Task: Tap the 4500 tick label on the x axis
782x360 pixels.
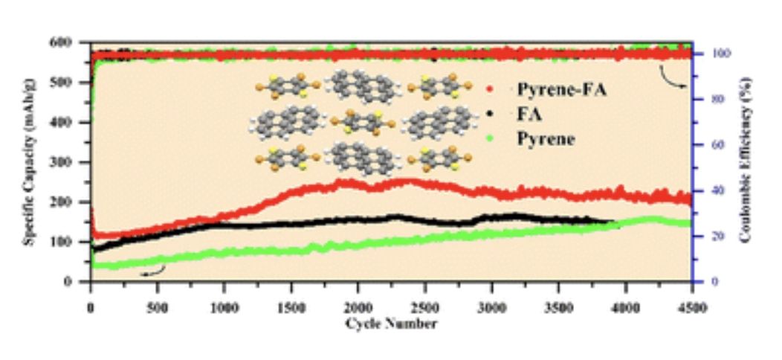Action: [691, 309]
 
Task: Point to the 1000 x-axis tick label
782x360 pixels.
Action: [224, 309]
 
